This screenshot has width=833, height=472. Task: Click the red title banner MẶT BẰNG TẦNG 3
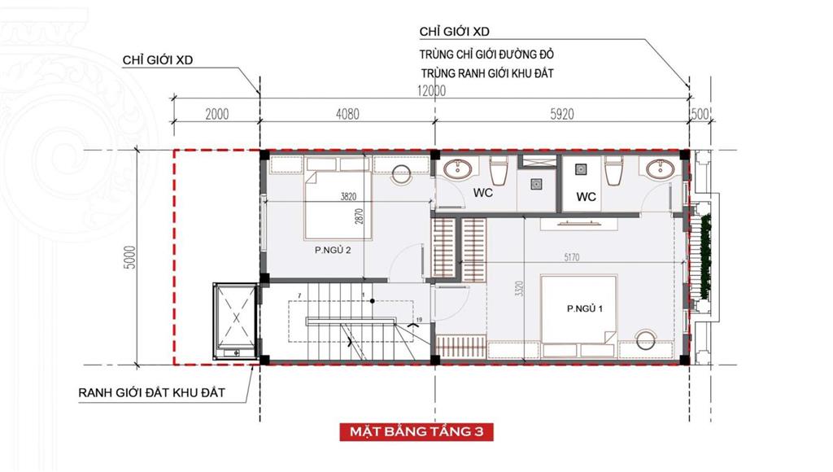[416, 431]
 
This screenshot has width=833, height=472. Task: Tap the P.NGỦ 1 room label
[584, 308]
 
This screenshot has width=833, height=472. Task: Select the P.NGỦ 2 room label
[333, 251]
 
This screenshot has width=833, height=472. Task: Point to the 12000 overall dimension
[431, 91]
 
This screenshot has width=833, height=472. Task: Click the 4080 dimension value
[347, 114]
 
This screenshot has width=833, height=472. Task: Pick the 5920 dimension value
[561, 114]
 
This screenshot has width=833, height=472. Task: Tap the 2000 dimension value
[216, 114]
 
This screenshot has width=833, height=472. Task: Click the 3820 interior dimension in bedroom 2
[348, 197]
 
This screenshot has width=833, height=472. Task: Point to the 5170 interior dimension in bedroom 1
[572, 258]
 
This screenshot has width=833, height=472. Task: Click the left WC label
[483, 193]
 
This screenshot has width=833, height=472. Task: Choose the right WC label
[586, 197]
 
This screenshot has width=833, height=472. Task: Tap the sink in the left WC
[458, 168]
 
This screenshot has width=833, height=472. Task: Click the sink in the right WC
[661, 168]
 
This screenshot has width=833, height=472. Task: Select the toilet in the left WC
[499, 170]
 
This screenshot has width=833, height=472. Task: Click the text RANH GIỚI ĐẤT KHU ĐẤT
[152, 393]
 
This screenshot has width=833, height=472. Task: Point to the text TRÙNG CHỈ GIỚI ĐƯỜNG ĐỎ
[486, 55]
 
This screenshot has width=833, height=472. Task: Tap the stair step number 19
[419, 320]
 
